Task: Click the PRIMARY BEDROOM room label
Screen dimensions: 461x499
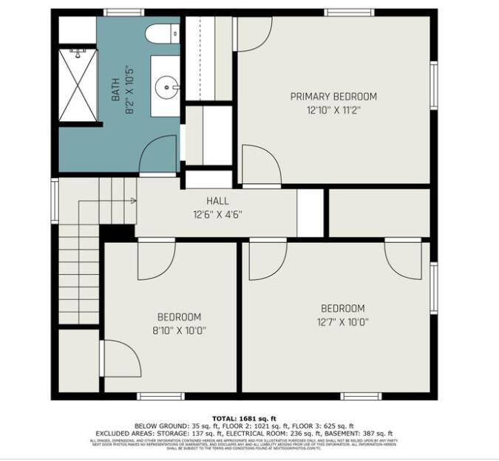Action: coord(333,96)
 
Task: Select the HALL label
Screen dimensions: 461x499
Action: coord(217,200)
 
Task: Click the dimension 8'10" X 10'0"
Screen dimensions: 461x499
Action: coord(179,331)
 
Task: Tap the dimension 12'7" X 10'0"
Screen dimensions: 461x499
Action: coord(343,322)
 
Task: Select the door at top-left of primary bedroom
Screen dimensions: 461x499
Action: coord(254,34)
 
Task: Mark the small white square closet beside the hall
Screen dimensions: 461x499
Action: coord(310,214)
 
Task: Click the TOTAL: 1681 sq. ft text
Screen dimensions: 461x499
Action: coord(249,418)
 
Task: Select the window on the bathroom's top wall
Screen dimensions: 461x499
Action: coord(123,13)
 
